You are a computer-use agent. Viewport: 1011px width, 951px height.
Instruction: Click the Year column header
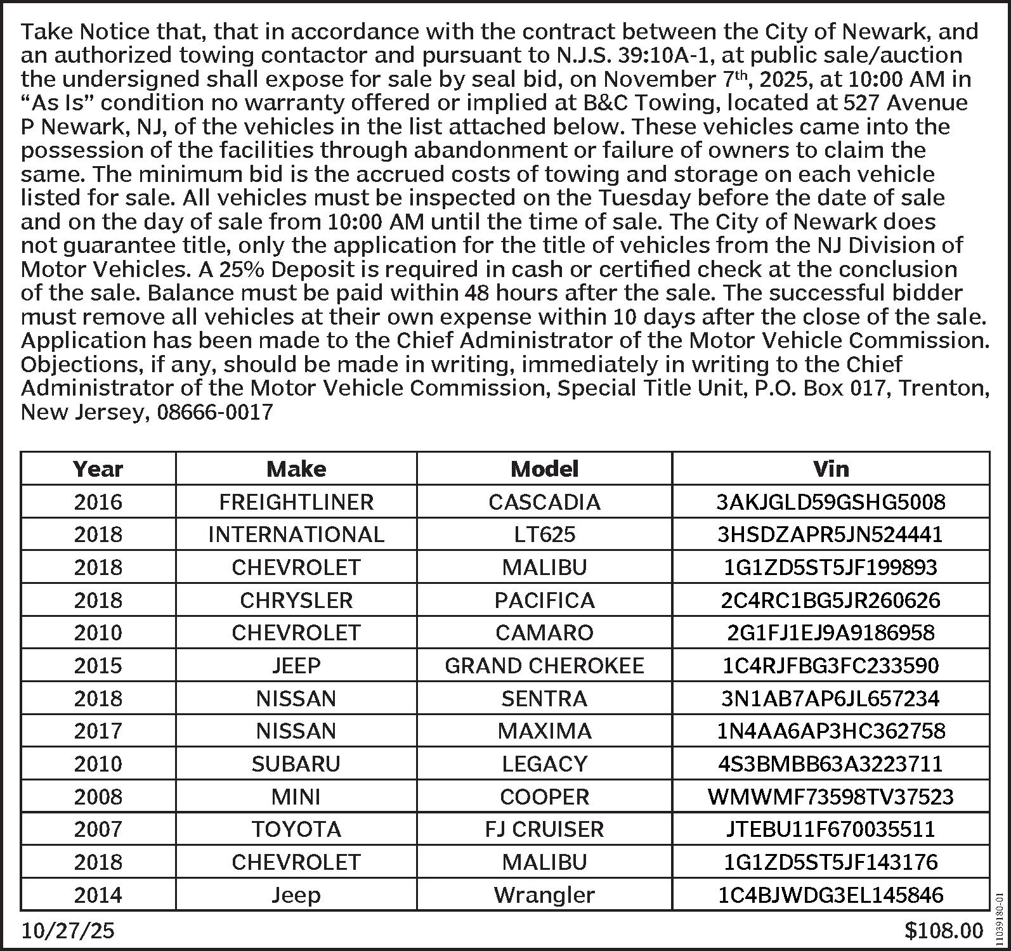point(98,469)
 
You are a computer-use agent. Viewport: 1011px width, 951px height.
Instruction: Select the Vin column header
point(830,469)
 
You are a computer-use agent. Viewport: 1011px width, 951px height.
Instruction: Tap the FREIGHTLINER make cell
point(296,502)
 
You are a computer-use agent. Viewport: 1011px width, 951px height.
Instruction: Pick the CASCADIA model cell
point(544,502)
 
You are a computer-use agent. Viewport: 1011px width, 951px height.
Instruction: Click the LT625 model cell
point(544,534)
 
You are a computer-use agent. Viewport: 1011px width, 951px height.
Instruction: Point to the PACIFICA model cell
point(544,600)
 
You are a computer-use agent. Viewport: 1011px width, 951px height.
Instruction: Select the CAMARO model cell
point(544,633)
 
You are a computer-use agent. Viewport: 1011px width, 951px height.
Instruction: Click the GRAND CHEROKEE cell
point(544,666)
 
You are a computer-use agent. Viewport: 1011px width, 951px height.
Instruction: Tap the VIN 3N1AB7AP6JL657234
point(830,699)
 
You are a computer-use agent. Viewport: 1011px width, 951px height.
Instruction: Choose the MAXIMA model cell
point(544,731)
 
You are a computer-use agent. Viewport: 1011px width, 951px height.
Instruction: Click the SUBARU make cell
point(296,764)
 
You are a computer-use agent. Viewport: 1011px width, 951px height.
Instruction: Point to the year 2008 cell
point(98,797)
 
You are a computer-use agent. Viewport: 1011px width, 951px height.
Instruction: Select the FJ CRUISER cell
point(544,829)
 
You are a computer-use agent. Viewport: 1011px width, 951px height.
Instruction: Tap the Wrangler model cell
point(544,895)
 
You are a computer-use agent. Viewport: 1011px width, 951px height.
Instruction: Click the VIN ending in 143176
point(830,862)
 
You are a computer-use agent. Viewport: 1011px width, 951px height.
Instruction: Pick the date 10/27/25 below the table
point(68,931)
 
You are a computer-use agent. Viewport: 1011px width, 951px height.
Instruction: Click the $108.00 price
point(943,931)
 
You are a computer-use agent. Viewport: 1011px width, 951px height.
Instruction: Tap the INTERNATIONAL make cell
point(296,534)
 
